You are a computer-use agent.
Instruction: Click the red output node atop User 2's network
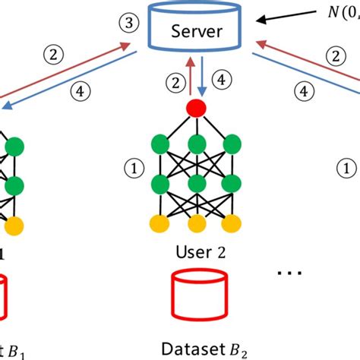(197, 108)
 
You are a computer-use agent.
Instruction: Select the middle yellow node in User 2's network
(197, 223)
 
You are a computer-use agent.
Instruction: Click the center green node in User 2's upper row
(197, 144)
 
